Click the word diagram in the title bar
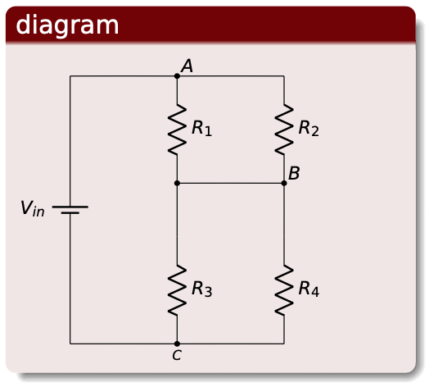[67, 25]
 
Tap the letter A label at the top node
[187, 66]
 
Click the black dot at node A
[177, 76]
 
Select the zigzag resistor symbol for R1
[177, 130]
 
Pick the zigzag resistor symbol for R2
[283, 130]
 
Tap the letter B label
[294, 173]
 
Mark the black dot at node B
[284, 184]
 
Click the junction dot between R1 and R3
[177, 184]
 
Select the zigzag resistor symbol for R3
[177, 290]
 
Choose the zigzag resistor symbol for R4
[283, 290]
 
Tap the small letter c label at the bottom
[176, 355]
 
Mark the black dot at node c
[177, 344]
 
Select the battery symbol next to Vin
[70, 209]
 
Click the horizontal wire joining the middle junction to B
[230, 184]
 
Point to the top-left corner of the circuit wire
[70, 76]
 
